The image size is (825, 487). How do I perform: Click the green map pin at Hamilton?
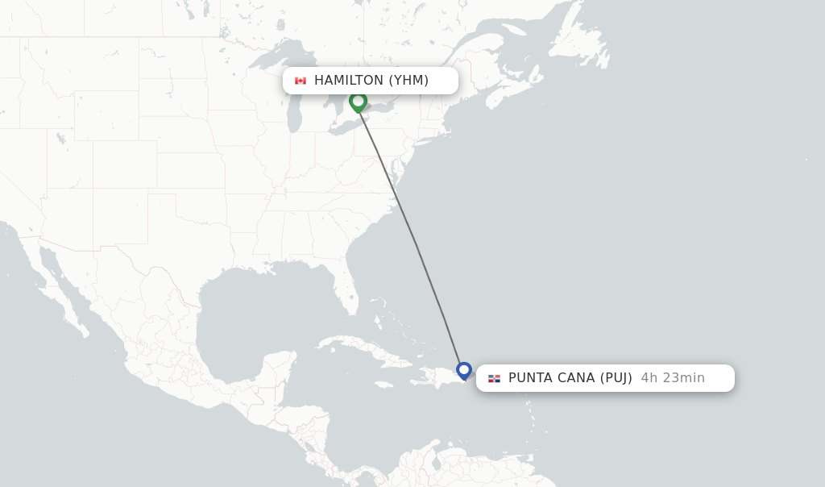point(358,102)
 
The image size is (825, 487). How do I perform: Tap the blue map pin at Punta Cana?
point(464,370)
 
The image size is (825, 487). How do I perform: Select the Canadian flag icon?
point(301,81)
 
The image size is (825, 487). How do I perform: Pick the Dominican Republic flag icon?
point(494,378)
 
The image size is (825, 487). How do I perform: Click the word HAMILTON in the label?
point(348,81)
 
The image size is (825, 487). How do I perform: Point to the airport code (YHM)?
point(408,81)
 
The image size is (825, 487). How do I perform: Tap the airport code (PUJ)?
point(616,378)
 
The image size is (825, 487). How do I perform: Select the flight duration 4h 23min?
point(673,378)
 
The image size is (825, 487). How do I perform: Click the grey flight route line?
point(416,242)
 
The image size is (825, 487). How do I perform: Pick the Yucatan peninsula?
point(278,367)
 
